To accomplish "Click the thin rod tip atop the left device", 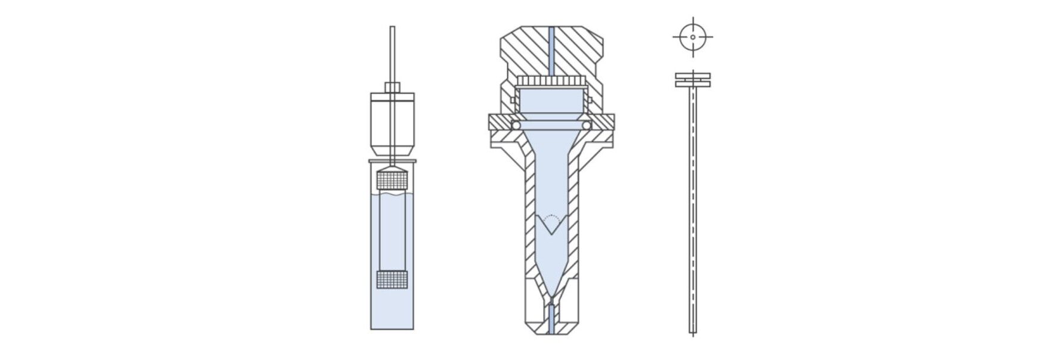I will [392, 30].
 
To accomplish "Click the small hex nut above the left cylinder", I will [392, 88].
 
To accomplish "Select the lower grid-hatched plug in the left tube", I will [392, 280].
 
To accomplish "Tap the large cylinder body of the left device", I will [392, 119].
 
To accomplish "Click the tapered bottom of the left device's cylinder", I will [392, 152].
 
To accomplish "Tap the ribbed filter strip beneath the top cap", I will [551, 80].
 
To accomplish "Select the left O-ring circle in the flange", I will [515, 125].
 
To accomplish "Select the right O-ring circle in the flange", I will [587, 125].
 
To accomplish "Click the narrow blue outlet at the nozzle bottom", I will [551, 319].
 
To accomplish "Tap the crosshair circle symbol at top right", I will [693, 37].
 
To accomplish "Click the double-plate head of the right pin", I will [693, 80].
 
